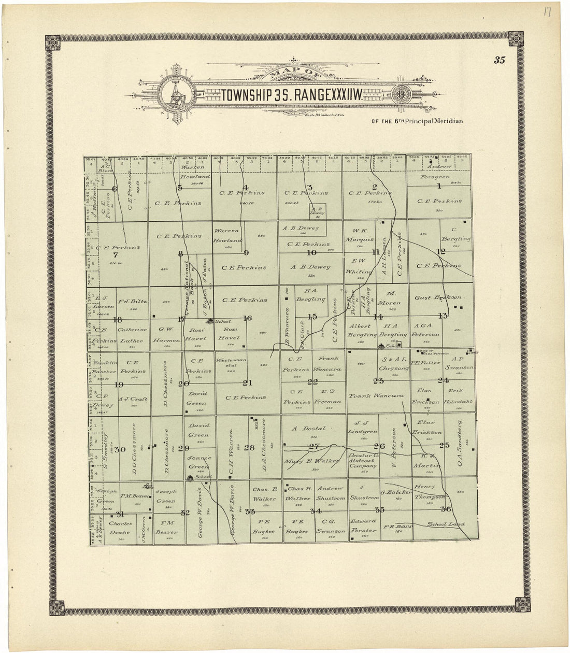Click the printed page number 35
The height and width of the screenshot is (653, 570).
click(x=499, y=60)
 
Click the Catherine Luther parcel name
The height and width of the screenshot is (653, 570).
click(x=132, y=335)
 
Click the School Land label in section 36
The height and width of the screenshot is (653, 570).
click(x=446, y=524)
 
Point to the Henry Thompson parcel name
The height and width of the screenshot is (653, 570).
click(x=431, y=492)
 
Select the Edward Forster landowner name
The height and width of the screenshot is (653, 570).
click(x=363, y=526)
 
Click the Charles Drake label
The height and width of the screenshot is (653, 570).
click(x=120, y=528)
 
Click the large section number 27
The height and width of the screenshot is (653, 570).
click(x=313, y=446)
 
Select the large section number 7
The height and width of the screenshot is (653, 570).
click(x=116, y=254)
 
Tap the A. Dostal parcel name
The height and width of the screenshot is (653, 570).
click(x=308, y=429)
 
